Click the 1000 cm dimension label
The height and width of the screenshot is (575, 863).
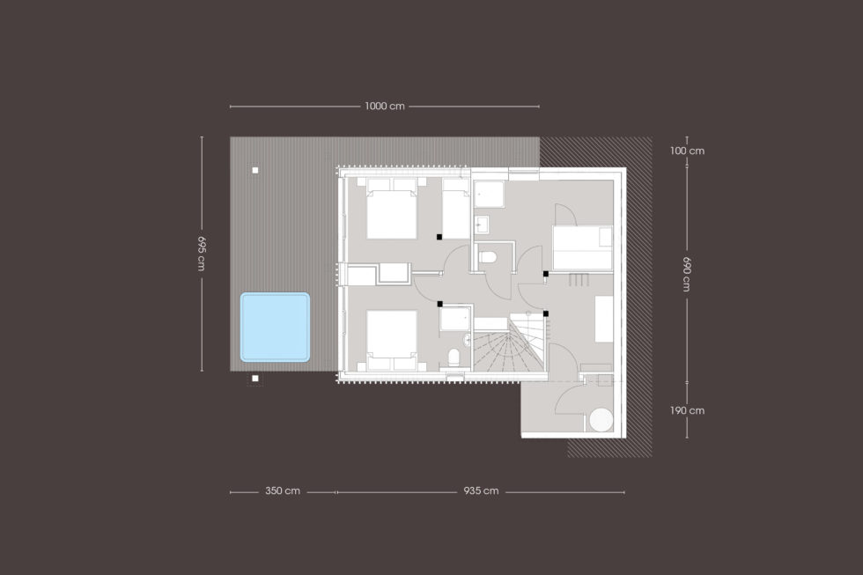[x=384, y=107]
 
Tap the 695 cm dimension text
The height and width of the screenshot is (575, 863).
[x=202, y=253]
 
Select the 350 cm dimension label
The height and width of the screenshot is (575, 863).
[x=283, y=490]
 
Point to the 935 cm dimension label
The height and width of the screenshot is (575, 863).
[x=481, y=490]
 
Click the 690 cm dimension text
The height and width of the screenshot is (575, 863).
[x=687, y=274]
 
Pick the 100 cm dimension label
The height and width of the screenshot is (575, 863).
[x=687, y=151]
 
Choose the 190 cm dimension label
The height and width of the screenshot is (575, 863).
[x=687, y=410]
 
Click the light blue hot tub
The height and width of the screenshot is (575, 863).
[x=275, y=327]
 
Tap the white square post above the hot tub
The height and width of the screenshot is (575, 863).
[x=254, y=170]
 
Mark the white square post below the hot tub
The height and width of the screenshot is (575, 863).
[x=254, y=378]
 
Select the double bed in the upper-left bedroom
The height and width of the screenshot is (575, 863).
[x=391, y=209]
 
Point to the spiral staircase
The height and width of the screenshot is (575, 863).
[x=508, y=344]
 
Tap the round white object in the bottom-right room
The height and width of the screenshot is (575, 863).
[x=601, y=419]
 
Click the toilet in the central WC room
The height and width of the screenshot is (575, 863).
[x=488, y=257]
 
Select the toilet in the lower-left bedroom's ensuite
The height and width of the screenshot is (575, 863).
[x=454, y=358]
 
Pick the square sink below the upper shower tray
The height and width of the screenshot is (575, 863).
[x=482, y=225]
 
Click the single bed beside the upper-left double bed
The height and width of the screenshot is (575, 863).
[x=456, y=209]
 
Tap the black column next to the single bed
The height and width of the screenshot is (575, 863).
[x=439, y=237]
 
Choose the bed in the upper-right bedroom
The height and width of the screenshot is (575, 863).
[x=582, y=247]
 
